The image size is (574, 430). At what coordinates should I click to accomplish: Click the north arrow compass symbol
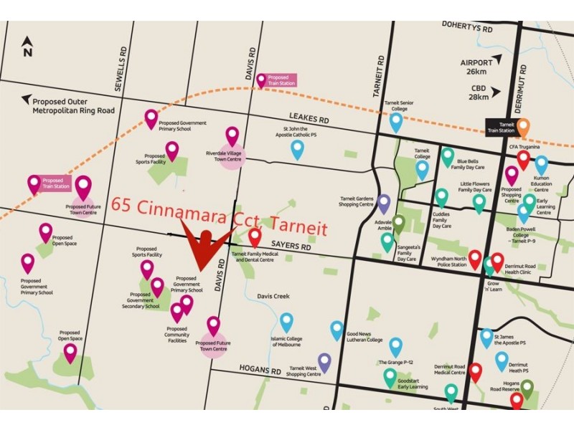[x=27, y=47]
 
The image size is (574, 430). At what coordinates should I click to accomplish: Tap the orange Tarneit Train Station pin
[x=524, y=126]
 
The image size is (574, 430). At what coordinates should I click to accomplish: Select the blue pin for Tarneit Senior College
[x=396, y=121]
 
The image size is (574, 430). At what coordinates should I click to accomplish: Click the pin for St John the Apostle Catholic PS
[x=297, y=149]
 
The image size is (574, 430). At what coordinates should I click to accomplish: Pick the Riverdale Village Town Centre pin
[x=232, y=135]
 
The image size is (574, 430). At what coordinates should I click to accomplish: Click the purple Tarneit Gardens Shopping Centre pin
[x=384, y=204]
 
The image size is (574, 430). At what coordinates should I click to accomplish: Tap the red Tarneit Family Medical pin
[x=255, y=237]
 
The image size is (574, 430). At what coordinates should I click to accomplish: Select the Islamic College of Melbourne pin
[x=286, y=322]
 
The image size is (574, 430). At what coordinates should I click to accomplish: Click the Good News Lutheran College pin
[x=337, y=330]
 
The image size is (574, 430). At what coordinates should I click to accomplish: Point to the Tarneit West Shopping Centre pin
[x=324, y=363]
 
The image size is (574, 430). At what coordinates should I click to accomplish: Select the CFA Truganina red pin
[x=524, y=159]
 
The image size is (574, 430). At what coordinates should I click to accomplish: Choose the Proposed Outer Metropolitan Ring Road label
[x=73, y=105]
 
